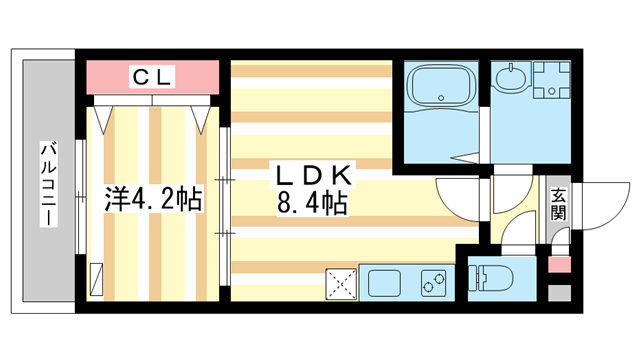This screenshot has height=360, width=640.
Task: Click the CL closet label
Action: coord(152,75)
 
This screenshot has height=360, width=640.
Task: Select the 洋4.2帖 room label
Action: coord(151,198)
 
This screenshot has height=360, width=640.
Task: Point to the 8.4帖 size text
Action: coord(312,206)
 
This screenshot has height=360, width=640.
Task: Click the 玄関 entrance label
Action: coord(557,205)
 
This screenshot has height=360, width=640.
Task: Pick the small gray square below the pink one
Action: coord(559,294)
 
